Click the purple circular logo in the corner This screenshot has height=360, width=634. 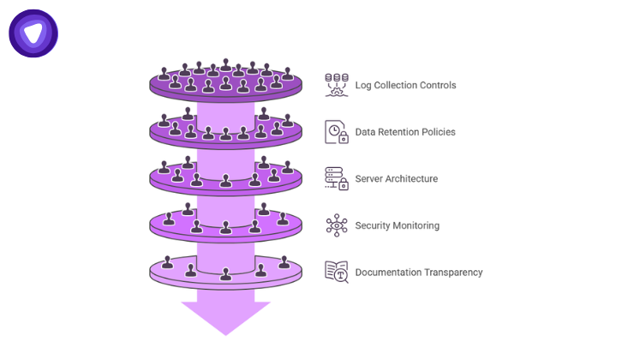point(33,33)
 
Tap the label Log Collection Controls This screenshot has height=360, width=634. point(405,86)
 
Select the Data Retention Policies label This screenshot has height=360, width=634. point(405,132)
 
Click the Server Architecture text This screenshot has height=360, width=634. point(396,179)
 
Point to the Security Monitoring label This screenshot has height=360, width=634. point(397,225)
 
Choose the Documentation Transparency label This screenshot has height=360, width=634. point(419,273)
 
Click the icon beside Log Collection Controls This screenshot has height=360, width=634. point(337,85)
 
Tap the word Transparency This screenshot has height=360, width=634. point(453,273)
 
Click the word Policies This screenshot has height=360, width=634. point(438,132)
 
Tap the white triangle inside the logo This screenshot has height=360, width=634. point(33,33)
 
